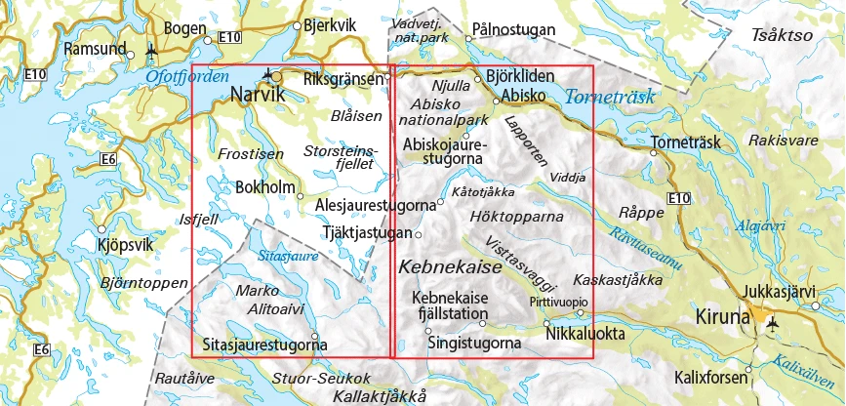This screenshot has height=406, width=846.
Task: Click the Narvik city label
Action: (x=258, y=96)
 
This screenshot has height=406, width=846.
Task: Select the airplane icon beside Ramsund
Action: (x=150, y=49)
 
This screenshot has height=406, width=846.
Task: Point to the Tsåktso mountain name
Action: (x=782, y=35)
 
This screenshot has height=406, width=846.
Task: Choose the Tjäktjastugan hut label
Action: (x=366, y=232)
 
